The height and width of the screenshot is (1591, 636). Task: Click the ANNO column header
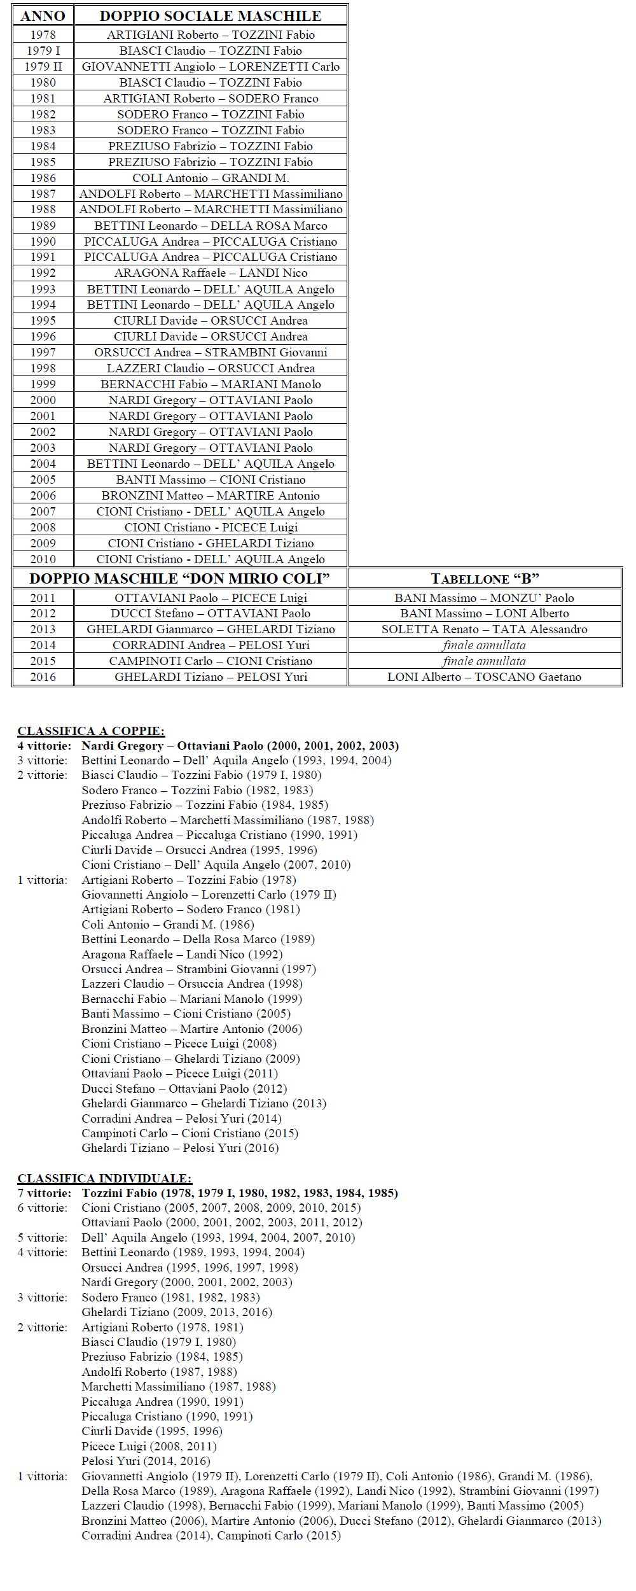[43, 16]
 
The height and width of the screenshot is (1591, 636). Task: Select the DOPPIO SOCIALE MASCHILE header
[211, 16]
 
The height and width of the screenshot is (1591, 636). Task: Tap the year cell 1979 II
[43, 67]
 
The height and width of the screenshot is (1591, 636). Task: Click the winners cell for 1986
[211, 178]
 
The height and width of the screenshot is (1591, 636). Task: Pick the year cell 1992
[43, 273]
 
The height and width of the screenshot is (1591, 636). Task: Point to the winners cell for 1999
[211, 384]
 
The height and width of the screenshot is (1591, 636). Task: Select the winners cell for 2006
[211, 496]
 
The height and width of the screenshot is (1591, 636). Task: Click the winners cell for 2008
[211, 528]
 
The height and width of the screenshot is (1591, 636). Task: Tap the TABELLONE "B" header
[485, 578]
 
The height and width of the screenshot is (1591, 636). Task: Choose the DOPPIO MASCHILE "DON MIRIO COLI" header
[180, 578]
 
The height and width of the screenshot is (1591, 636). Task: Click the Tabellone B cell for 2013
[485, 629]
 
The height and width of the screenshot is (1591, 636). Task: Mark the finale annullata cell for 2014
[485, 645]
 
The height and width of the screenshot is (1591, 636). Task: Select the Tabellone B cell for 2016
[485, 677]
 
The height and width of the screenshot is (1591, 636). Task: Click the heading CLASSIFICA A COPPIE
[91, 731]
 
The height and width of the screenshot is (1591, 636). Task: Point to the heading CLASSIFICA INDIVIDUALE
[104, 1179]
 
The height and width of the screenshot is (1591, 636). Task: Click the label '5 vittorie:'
[42, 1238]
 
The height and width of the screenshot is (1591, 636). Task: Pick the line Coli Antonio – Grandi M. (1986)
[167, 925]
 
